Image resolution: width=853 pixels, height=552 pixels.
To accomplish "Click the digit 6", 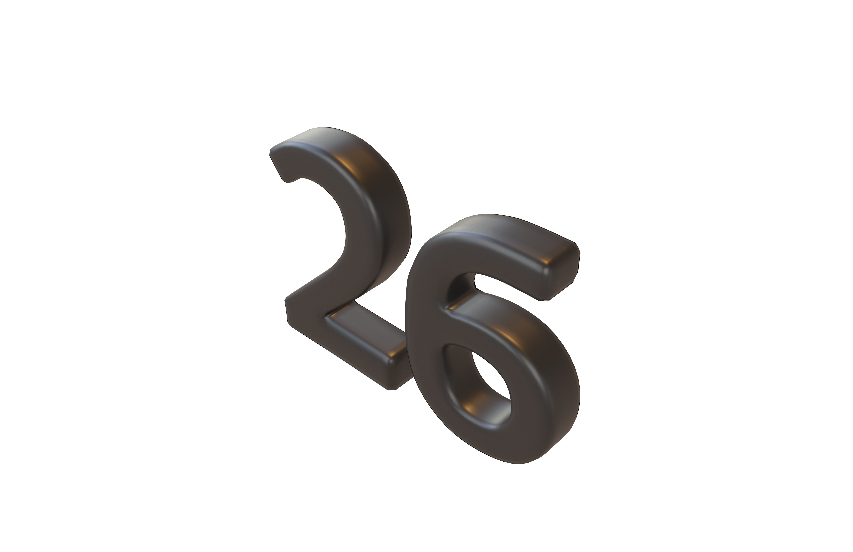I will point(502,358).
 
